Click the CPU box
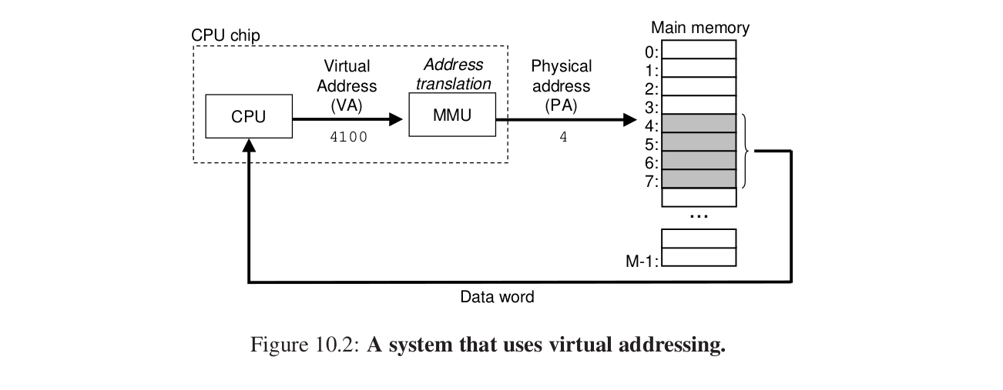(x=248, y=117)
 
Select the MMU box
(x=451, y=115)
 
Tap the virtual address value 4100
(x=349, y=138)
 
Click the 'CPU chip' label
(x=226, y=35)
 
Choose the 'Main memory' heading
(x=699, y=28)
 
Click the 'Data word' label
(x=497, y=297)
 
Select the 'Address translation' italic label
(x=453, y=75)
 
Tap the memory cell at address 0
(x=699, y=49)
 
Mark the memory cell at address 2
(x=699, y=86)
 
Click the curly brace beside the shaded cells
(x=746, y=151)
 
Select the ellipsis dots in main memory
(x=699, y=217)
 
